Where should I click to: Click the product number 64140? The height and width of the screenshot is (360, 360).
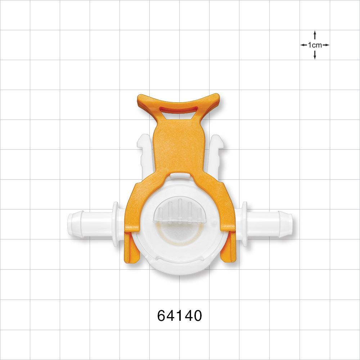pyautogui.click(x=180, y=316)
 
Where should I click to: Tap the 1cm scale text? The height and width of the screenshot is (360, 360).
pyautogui.click(x=315, y=45)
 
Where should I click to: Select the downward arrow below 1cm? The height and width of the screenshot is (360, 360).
pyautogui.click(x=315, y=55)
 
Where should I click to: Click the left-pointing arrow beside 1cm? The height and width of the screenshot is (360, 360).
pyautogui.click(x=304, y=45)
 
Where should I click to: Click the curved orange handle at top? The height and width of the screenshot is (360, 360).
pyautogui.click(x=179, y=101)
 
